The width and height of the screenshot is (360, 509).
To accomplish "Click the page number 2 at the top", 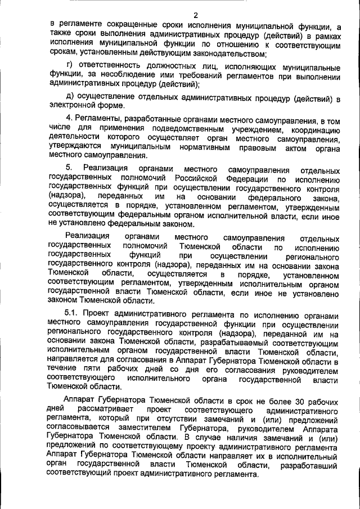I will (196, 15).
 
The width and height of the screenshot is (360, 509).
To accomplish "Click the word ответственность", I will (115, 67).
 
